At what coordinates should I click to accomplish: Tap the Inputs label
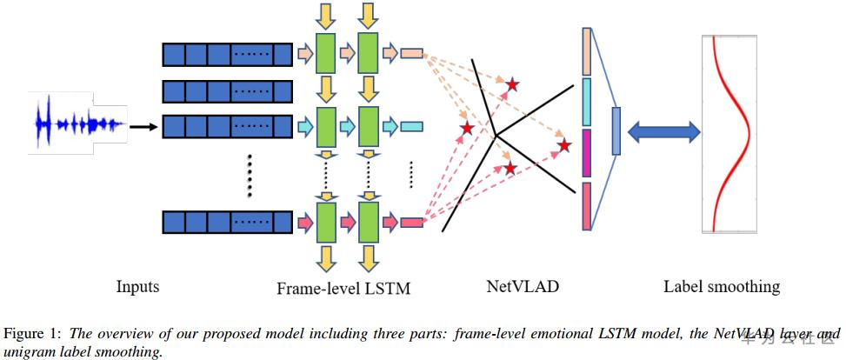(138, 286)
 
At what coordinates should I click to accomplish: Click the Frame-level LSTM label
(343, 288)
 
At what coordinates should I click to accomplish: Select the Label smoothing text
(722, 286)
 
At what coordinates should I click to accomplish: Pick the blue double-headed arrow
(663, 131)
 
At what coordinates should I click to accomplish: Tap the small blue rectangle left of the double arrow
(616, 131)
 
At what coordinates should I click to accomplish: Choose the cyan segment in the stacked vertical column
(587, 102)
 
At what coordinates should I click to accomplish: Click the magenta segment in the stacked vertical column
(587, 153)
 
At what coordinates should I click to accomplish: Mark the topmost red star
(512, 84)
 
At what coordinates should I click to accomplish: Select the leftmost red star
(467, 129)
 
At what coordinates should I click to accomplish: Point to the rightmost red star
(564, 146)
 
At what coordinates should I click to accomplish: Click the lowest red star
(510, 169)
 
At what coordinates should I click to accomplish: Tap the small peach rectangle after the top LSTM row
(411, 53)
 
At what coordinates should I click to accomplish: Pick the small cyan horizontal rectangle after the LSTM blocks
(411, 127)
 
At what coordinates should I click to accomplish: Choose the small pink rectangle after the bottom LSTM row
(411, 221)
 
